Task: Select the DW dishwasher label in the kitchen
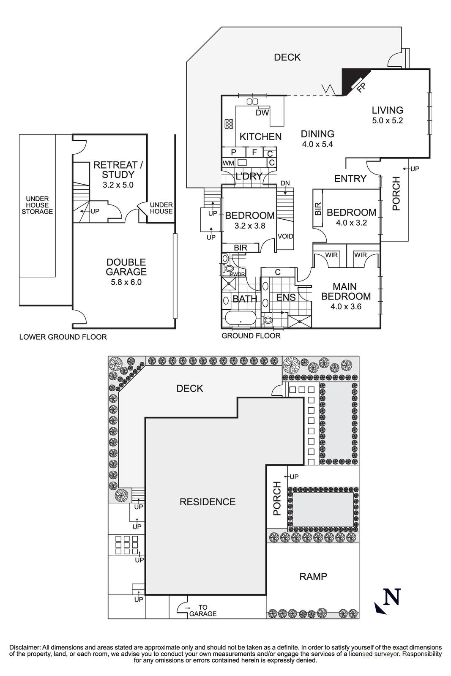point(262,113)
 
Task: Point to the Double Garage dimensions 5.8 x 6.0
point(126,282)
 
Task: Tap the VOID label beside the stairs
point(285,236)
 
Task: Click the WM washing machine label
point(228,163)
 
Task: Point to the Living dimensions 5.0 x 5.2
point(387,120)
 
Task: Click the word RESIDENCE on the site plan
point(208,502)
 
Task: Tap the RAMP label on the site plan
point(313,576)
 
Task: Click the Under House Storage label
point(37,205)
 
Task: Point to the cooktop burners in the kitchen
point(229,124)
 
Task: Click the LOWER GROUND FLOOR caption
point(63,337)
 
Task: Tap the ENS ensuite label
point(286,297)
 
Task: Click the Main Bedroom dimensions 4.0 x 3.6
point(346,307)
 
